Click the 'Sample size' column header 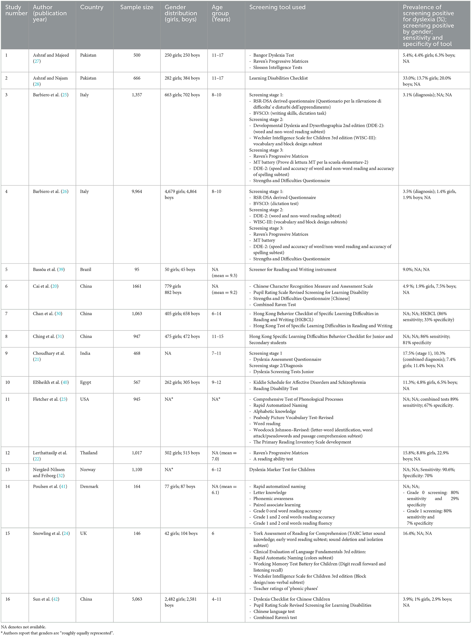137,7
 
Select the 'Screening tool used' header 277,7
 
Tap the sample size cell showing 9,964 137,191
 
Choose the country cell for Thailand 89,453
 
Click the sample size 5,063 137,599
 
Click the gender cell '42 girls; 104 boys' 181,533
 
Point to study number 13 7,470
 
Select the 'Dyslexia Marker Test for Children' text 282,470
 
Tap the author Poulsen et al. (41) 50,486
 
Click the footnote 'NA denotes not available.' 23,627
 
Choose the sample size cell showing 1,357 137,95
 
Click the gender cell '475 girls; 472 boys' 182,337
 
